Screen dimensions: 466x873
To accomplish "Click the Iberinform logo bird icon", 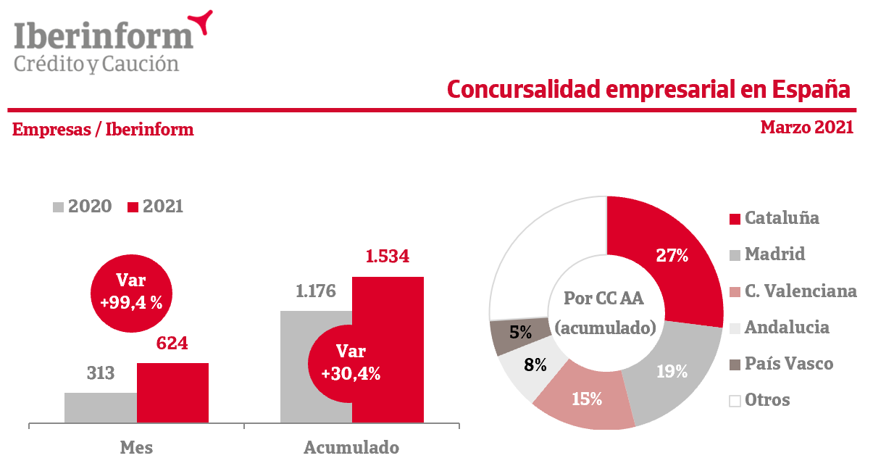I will pos(201,22).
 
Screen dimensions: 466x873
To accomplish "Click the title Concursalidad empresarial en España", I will pos(648,88).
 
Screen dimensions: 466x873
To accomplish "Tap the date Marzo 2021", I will pos(806,128).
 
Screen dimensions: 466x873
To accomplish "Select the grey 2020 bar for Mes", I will pos(100,407).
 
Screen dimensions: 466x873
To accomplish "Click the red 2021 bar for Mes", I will pos(172,392).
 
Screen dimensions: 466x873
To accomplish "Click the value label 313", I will pos(100,373).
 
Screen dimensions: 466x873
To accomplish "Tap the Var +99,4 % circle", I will pos(131,291).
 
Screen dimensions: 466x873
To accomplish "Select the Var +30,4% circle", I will pos(351,362).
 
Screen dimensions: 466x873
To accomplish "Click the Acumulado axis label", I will pos(351,447).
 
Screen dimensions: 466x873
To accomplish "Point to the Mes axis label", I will pos(136,447).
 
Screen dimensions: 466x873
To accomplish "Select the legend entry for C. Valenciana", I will pos(793,291).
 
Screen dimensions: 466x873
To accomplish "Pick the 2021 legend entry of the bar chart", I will pos(155,207).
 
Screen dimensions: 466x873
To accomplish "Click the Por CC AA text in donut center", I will pos(604,299).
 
